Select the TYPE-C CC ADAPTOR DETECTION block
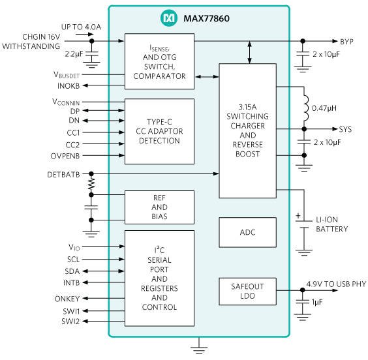pyautogui.click(x=159, y=131)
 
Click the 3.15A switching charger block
pyautogui.click(x=247, y=130)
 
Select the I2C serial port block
pyautogui.click(x=159, y=278)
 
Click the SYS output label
pyautogui.click(x=345, y=129)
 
